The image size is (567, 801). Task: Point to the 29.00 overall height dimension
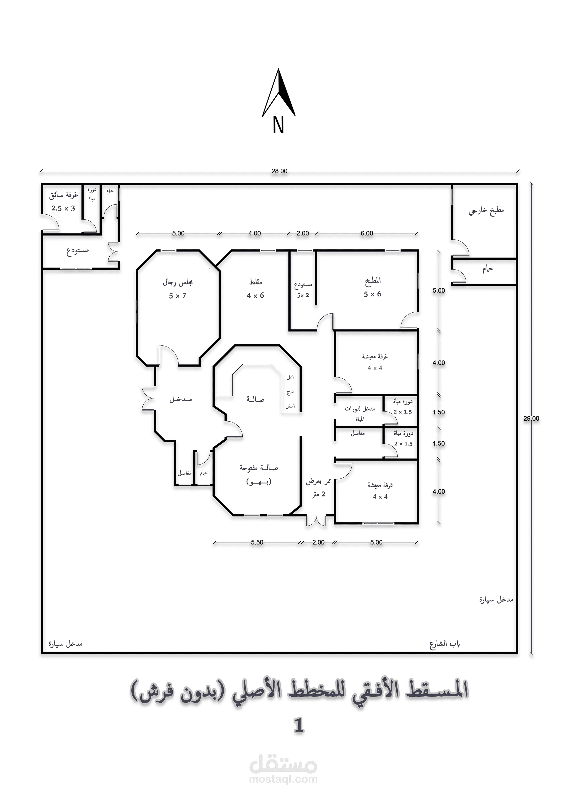[531, 419]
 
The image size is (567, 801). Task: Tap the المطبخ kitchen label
[373, 280]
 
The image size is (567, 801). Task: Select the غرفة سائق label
[64, 195]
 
